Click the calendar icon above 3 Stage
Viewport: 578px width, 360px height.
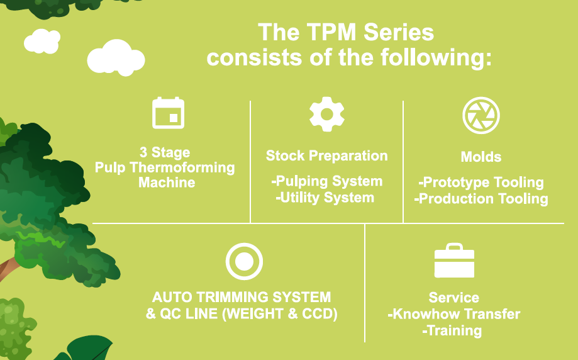tap(168, 113)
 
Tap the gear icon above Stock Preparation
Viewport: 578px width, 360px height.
tap(326, 114)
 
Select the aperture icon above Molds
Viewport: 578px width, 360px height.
tap(481, 115)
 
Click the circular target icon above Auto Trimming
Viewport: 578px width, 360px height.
tap(244, 261)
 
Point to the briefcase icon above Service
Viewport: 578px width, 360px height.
tap(454, 261)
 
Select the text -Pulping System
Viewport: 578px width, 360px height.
tap(327, 181)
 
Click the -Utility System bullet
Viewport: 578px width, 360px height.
tap(325, 198)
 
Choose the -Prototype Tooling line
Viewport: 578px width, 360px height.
tap(481, 183)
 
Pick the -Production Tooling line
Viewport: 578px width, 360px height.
tap(481, 199)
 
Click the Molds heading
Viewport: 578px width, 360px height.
tap(481, 157)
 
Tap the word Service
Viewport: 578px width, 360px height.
tap(454, 298)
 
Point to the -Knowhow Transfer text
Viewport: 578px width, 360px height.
tap(454, 314)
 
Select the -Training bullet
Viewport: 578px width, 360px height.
tap(453, 330)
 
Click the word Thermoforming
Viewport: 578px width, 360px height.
tap(188, 168)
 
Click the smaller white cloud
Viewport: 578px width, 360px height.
tap(42, 41)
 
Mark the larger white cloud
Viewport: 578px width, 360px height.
tap(116, 58)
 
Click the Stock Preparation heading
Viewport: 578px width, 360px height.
tap(327, 155)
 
